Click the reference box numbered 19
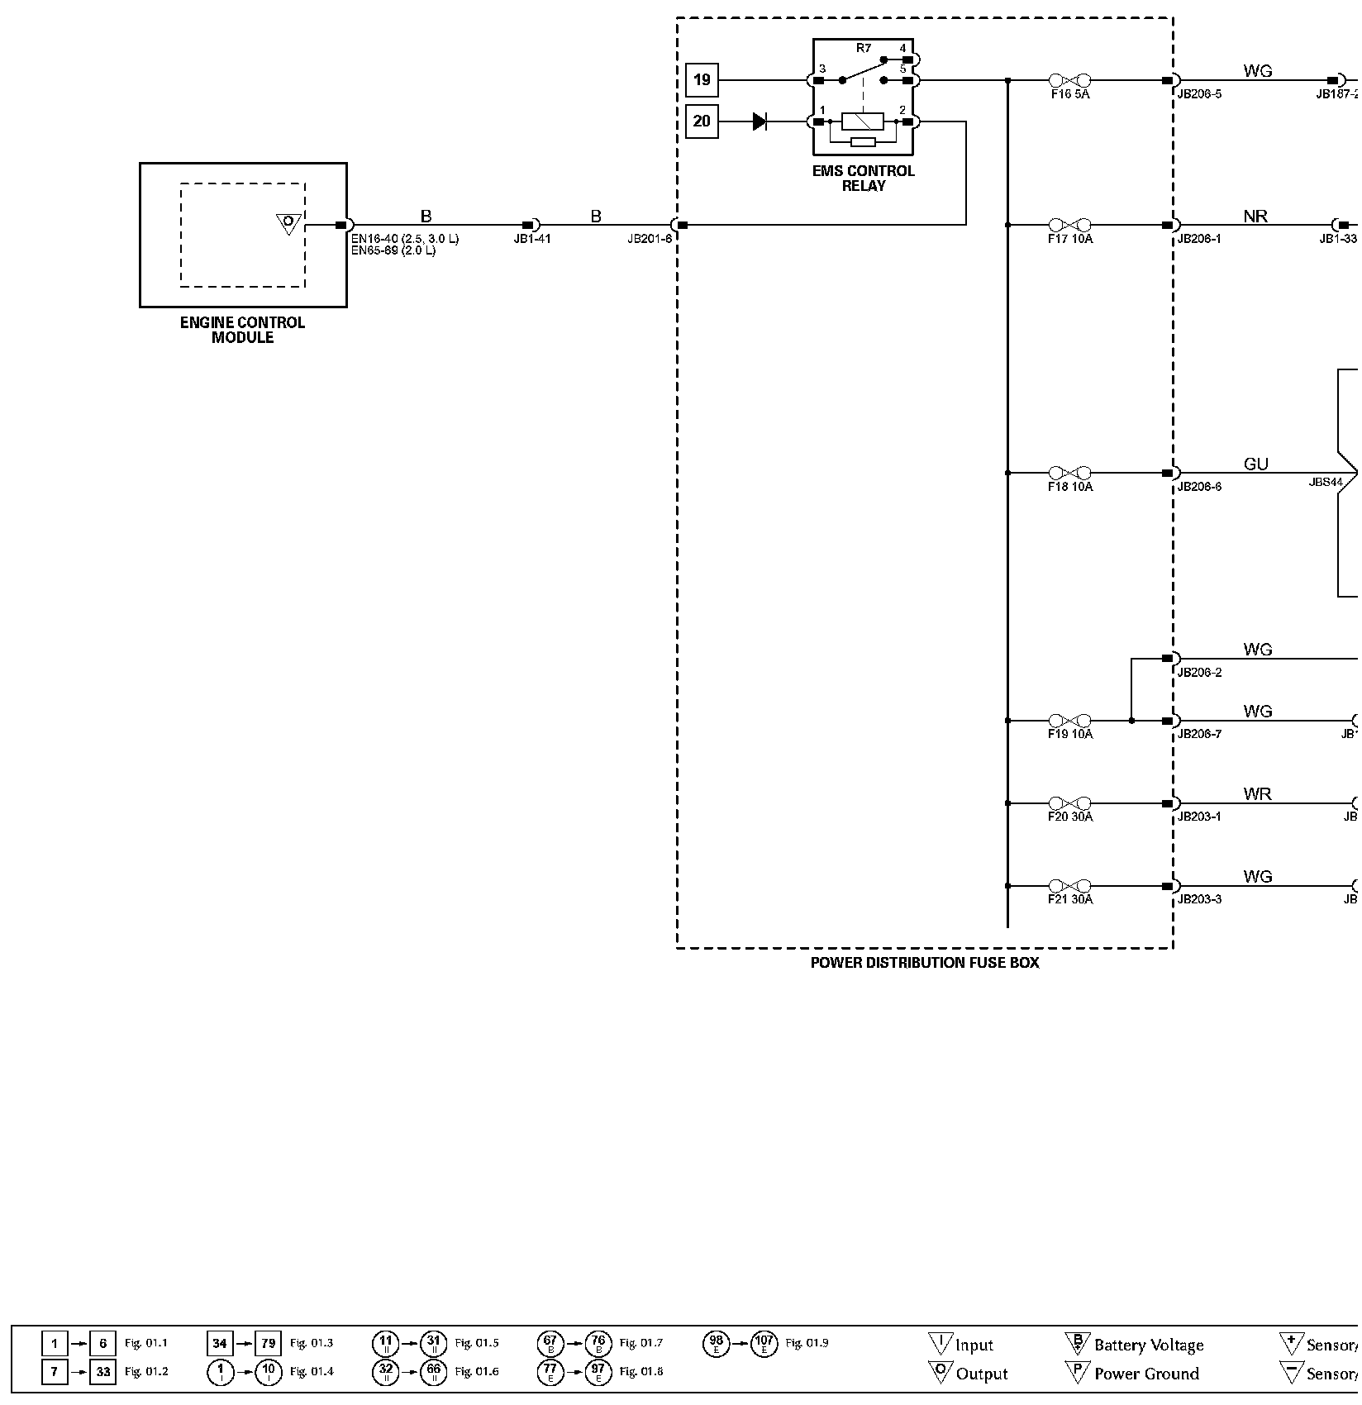[x=702, y=80]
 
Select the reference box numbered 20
[x=702, y=121]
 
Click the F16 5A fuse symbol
[x=1069, y=80]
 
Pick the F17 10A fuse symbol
[x=1069, y=225]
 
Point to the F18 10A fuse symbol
[x=1069, y=473]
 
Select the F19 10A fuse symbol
[x=1069, y=721]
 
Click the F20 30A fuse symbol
[x=1069, y=803]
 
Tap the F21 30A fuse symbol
[x=1069, y=886]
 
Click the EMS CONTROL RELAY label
[x=864, y=179]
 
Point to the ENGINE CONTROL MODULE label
[x=242, y=330]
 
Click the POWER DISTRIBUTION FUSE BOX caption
[x=925, y=963]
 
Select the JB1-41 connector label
[x=532, y=239]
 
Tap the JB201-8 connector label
[x=650, y=239]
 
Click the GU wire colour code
[x=1255, y=464]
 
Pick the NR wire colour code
[x=1255, y=217]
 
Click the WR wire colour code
[x=1257, y=794]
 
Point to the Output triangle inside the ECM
[x=288, y=222]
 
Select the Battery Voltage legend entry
[x=1148, y=1345]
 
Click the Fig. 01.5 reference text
[x=477, y=1343]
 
